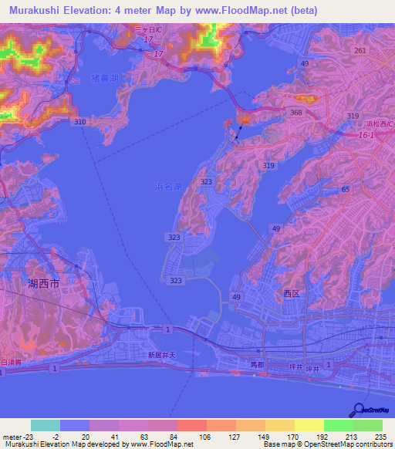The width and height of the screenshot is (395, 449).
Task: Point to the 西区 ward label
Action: pyautogui.click(x=291, y=294)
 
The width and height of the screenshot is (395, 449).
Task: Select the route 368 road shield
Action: pyautogui.click(x=295, y=113)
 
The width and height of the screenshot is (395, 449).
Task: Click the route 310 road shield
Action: pyautogui.click(x=78, y=123)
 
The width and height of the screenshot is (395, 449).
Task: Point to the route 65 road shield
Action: pyautogui.click(x=346, y=189)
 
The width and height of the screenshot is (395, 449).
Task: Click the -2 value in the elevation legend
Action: pyautogui.click(x=67, y=437)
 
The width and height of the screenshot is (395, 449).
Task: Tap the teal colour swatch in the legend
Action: pyautogui.click(x=46, y=425)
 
